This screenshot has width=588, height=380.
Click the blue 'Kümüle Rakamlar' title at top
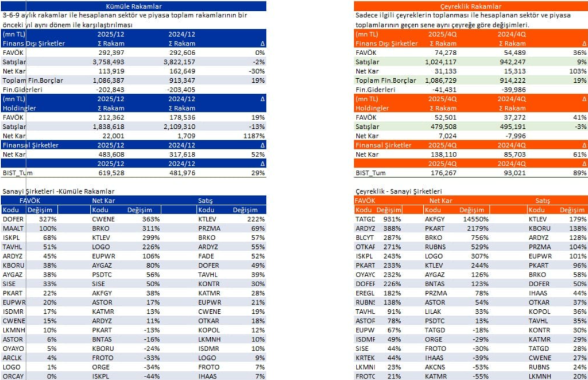coord(133,5)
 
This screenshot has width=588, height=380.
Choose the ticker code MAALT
coord(13,228)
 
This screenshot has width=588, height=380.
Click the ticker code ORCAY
coord(13,375)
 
